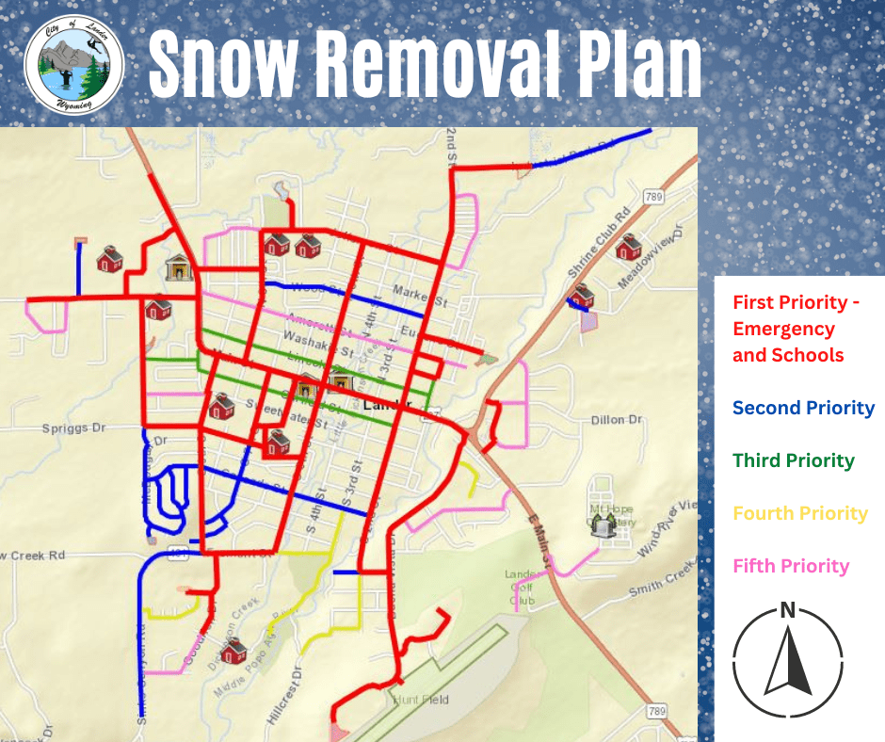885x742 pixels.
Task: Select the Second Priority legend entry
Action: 803,408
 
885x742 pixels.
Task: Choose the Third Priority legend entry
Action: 793,460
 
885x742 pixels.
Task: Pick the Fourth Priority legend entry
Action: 799,513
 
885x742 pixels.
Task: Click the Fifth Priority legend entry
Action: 791,566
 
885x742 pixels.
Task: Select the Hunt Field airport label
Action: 421,700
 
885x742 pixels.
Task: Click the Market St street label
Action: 418,294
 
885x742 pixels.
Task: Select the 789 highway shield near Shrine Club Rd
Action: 653,197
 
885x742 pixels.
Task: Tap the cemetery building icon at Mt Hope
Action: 602,526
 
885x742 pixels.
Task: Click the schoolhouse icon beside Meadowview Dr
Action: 628,248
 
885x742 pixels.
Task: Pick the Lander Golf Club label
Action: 522,588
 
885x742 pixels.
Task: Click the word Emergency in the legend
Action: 783,329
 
